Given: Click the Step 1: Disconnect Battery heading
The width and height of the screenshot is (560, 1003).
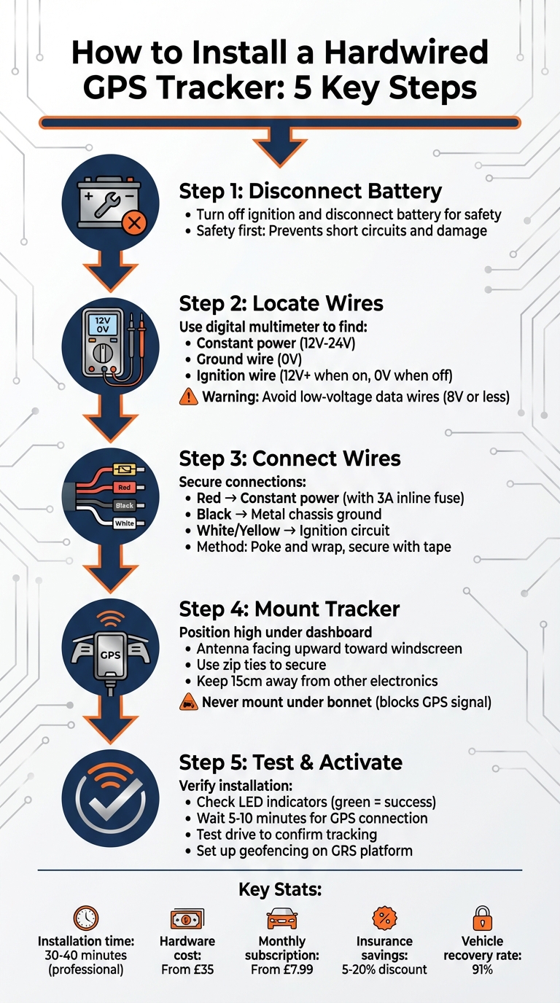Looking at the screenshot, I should click(x=310, y=192).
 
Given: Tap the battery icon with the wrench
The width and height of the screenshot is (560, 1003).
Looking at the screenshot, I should click(x=110, y=203).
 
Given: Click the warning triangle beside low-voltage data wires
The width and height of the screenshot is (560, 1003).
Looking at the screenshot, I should click(x=188, y=397).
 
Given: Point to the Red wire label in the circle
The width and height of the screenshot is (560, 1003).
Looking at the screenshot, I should click(x=123, y=486).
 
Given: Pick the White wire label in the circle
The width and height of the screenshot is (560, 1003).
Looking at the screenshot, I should click(x=124, y=523).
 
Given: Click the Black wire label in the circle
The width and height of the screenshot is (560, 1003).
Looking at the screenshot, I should click(x=123, y=504).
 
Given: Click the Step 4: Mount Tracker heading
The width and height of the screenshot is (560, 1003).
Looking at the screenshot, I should click(x=289, y=609).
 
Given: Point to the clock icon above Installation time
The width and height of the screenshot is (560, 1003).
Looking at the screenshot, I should click(x=86, y=917).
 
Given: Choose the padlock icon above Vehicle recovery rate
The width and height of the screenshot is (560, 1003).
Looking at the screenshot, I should click(x=482, y=917).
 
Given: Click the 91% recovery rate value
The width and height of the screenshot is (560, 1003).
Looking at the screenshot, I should click(x=482, y=969).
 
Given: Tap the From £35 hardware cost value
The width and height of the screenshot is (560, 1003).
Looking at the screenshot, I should click(x=187, y=969).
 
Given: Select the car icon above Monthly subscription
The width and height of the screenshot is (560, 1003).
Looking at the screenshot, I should click(x=282, y=918).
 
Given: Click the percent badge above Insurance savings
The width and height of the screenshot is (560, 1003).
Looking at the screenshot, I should click(x=384, y=917).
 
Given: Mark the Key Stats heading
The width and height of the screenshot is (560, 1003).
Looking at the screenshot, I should click(x=280, y=890).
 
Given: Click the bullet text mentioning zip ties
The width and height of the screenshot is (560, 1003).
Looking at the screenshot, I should click(x=261, y=665).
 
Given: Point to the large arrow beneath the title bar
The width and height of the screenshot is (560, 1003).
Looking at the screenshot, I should click(x=280, y=146).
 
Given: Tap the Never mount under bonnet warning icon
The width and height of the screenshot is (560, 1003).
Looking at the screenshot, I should click(x=188, y=702).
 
